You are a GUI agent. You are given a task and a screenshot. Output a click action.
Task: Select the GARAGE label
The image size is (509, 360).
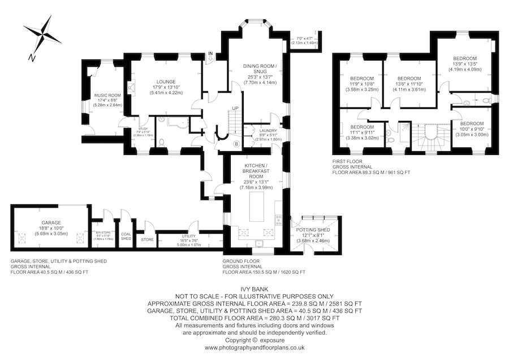[51, 222]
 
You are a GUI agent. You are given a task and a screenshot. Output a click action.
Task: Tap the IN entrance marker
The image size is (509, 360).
[210, 54]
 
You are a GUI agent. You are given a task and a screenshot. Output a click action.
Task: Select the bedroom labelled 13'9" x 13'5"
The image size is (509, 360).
[464, 58]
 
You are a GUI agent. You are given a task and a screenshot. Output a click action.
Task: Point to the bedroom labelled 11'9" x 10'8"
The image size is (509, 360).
[361, 78]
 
